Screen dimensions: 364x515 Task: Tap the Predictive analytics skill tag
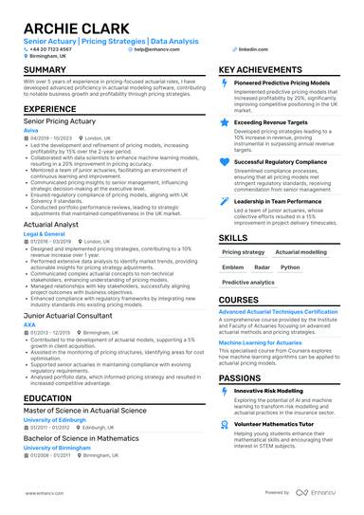pos(248,283)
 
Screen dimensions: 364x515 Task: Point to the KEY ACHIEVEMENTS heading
pos(266,70)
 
